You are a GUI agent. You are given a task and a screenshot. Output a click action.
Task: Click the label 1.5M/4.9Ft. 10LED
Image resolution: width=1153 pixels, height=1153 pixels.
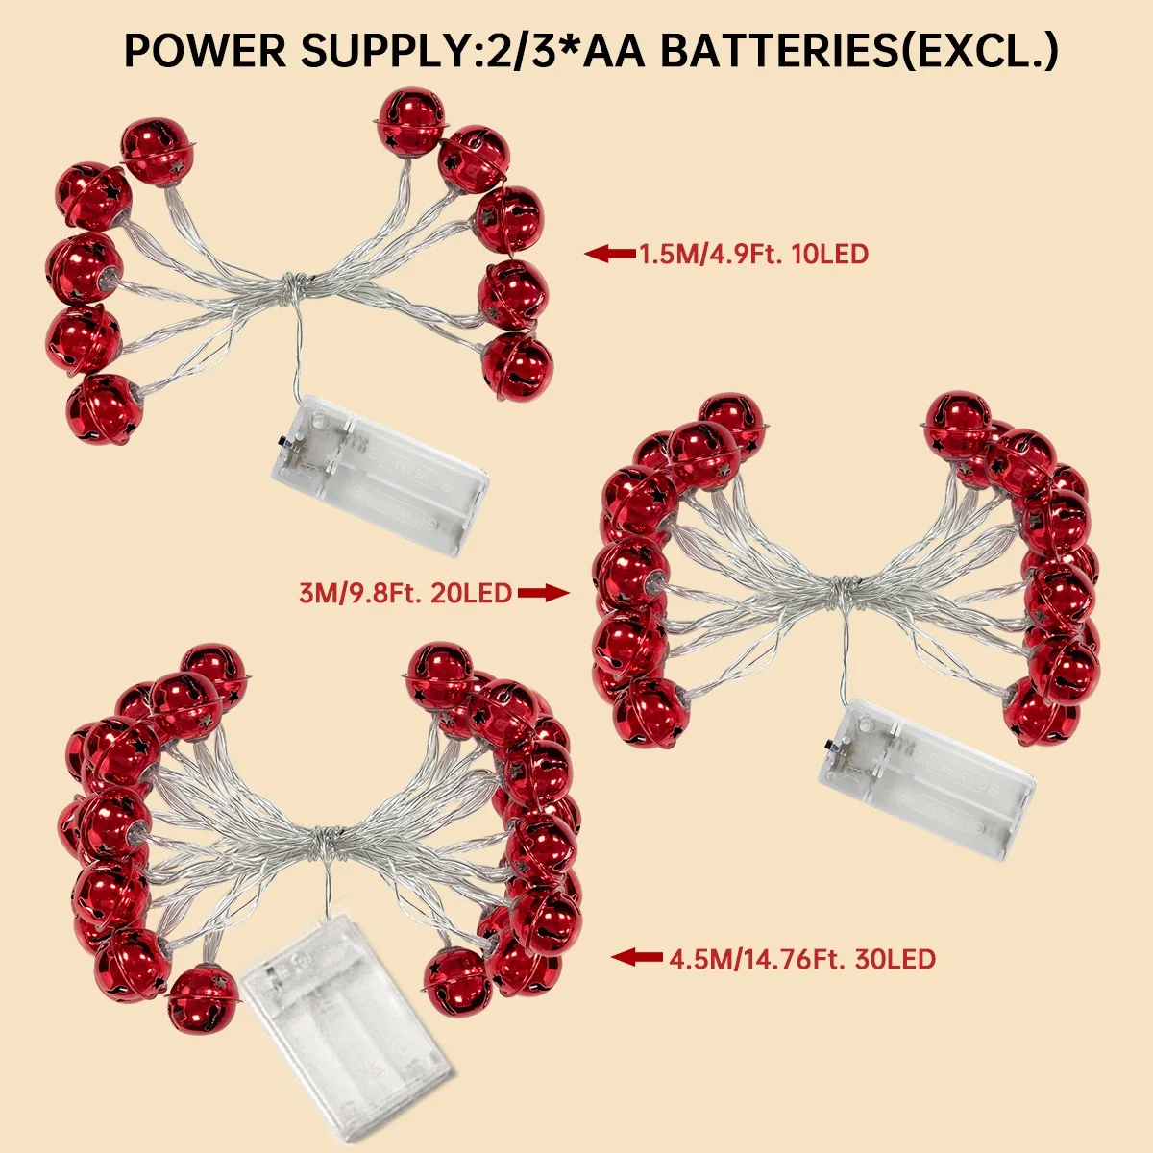pyautogui.click(x=754, y=255)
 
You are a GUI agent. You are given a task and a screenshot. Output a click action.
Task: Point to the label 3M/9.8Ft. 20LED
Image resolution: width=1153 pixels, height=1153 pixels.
pyautogui.click(x=405, y=593)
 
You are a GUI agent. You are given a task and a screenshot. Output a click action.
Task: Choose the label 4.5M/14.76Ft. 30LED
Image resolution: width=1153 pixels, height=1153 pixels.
pyautogui.click(x=802, y=958)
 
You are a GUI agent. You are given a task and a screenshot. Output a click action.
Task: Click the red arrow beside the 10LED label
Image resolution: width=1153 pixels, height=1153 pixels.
pyautogui.click(x=610, y=255)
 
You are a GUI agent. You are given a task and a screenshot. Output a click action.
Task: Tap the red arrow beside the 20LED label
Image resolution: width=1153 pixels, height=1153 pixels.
pyautogui.click(x=544, y=593)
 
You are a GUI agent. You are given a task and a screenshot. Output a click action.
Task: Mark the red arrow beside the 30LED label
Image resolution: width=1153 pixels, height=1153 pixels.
pyautogui.click(x=637, y=957)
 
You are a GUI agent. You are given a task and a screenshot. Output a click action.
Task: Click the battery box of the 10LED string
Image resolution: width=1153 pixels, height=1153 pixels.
pyautogui.click(x=380, y=476)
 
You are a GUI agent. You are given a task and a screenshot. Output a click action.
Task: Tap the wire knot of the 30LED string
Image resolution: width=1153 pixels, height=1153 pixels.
pyautogui.click(x=327, y=838)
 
